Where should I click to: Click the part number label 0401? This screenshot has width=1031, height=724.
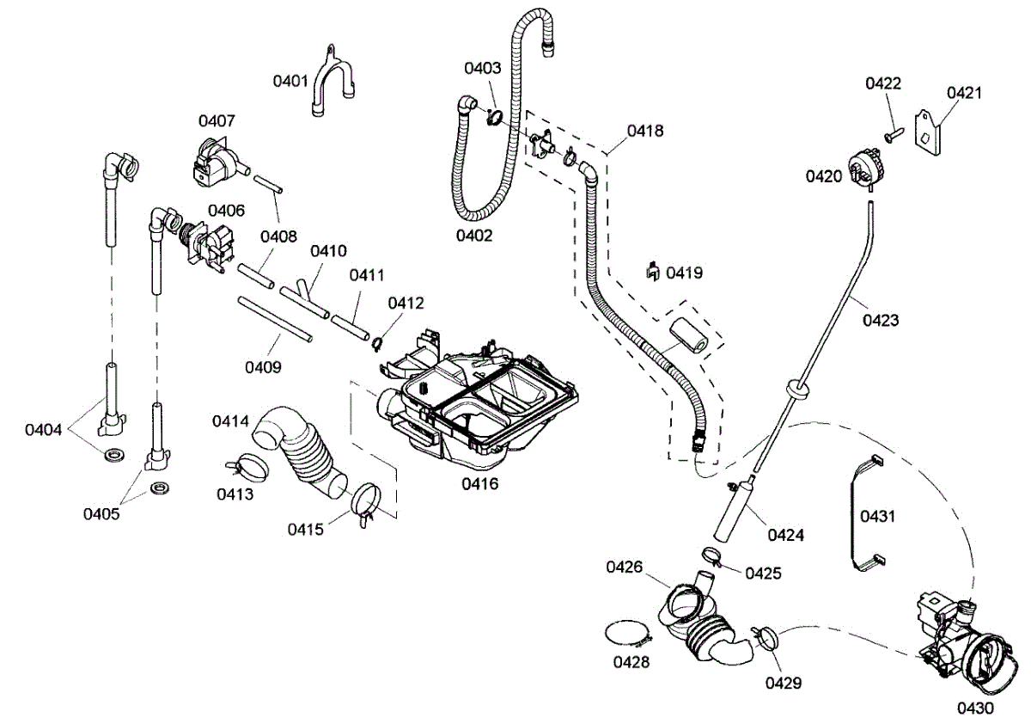point(290,81)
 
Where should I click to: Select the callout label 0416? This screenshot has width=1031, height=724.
point(479,483)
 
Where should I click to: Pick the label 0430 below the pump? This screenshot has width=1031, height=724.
point(975,709)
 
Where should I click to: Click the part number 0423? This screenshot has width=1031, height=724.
point(882,321)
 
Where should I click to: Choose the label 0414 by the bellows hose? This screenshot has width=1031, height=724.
point(231,421)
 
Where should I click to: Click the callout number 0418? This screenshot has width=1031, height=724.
point(644,131)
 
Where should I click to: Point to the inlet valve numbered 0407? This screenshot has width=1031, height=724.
point(216,163)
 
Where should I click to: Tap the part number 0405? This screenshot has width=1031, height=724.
point(101,514)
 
